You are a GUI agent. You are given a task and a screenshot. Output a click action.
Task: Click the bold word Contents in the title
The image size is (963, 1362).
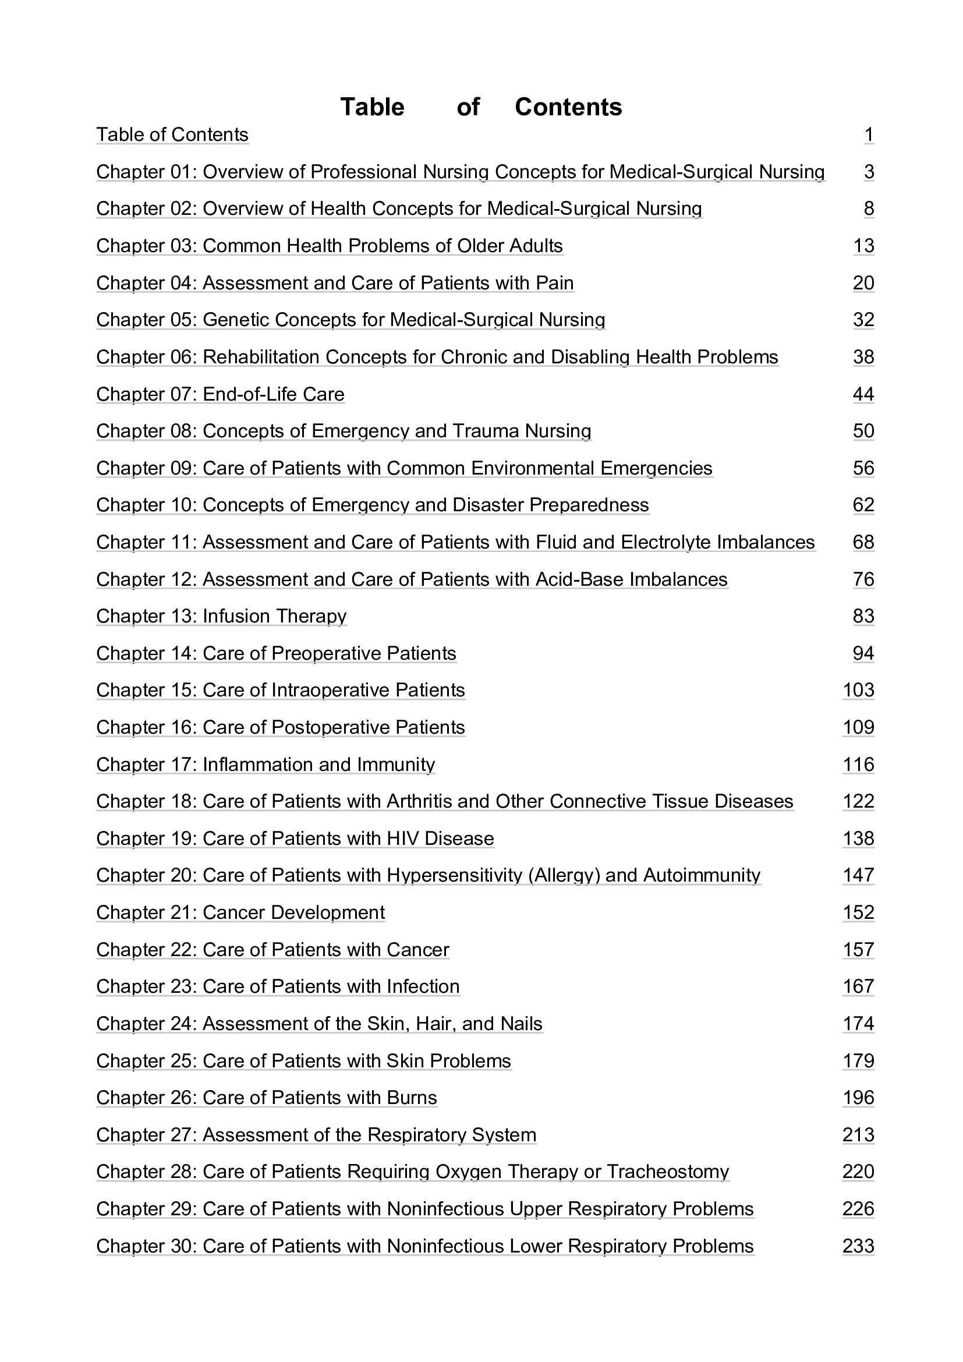pos(568,107)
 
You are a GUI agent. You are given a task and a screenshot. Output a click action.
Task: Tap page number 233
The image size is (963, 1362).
pos(858,1246)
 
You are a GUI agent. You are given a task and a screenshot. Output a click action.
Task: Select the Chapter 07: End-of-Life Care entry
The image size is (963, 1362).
pos(220,394)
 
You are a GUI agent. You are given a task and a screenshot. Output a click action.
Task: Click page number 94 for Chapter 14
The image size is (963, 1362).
pos(863,653)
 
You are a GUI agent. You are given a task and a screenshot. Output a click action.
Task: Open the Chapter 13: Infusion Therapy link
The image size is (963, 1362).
pos(221,615)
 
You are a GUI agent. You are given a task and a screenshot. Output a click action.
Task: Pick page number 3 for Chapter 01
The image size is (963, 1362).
pos(869,172)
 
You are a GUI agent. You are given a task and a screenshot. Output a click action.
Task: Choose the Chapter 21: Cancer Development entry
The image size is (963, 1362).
pos(240,912)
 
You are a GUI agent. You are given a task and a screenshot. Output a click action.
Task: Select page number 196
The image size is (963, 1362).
pos(858,1098)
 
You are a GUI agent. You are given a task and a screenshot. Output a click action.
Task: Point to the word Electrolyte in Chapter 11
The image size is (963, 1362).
pos(666,542)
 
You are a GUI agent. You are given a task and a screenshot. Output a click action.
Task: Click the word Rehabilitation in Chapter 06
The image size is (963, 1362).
pos(261,357)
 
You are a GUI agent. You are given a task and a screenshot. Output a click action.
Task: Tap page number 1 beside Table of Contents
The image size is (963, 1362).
pos(869,135)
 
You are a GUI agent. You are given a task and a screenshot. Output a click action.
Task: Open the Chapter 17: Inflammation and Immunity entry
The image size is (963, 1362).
pos(265,764)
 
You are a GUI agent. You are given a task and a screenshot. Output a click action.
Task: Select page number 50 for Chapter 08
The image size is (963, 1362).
pos(863,431)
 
